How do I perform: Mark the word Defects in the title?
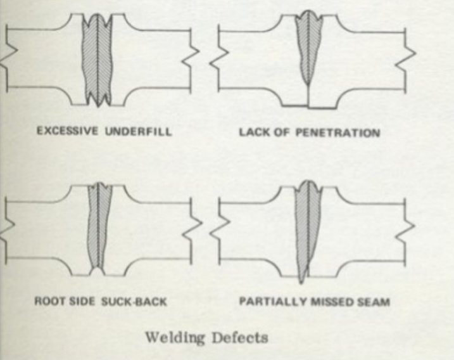pos(240,337)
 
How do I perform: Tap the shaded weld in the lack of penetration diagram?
pos(310,48)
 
